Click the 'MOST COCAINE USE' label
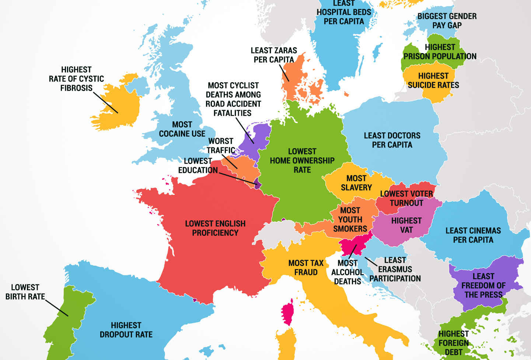(x=182, y=129)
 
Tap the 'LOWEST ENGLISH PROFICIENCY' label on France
(x=215, y=228)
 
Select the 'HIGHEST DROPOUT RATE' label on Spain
(x=126, y=330)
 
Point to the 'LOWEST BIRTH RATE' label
(x=25, y=292)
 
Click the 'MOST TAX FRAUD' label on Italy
(x=306, y=268)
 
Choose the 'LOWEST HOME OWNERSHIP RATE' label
(x=302, y=161)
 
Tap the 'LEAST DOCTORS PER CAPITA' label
(x=392, y=140)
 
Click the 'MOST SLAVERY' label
(x=356, y=183)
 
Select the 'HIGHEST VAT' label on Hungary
(x=406, y=225)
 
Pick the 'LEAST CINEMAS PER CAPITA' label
(x=473, y=235)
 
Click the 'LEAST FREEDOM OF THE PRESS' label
(x=483, y=286)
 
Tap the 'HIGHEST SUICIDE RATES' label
(x=433, y=80)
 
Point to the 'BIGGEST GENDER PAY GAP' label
(x=447, y=21)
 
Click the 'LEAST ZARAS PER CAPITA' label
(x=274, y=55)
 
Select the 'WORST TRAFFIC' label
(x=221, y=146)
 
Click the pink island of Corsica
(x=287, y=313)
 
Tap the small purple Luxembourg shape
(x=256, y=183)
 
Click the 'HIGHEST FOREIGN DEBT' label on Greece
(x=453, y=343)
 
